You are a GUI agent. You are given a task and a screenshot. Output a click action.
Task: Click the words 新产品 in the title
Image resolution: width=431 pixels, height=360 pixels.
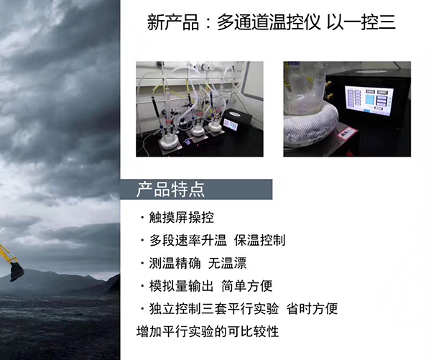pos(173,22)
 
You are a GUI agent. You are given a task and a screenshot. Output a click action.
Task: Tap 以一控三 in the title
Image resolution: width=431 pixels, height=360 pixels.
pos(361,22)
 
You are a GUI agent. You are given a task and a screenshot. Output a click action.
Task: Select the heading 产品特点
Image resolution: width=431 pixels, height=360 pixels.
pos(170,190)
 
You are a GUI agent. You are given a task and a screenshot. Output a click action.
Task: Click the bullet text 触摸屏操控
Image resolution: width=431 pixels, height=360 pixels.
pos(182,218)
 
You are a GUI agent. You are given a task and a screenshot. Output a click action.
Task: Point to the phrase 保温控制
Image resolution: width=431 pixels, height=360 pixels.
pos(260,241)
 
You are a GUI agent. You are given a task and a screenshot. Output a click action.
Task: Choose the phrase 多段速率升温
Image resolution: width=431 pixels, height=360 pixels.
pos(187,241)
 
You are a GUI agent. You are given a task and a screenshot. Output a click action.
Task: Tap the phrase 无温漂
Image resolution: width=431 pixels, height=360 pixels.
pos(227,263)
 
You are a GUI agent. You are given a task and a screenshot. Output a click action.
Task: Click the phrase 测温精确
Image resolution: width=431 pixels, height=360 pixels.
pos(175,263)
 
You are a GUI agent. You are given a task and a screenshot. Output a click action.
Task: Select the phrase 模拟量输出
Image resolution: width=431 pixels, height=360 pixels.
pos(182,286)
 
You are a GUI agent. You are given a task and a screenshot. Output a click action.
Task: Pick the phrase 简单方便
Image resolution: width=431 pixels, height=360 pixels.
pos(247,286)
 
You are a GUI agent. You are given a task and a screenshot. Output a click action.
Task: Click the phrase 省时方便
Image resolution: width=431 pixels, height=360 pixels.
pos(312,309)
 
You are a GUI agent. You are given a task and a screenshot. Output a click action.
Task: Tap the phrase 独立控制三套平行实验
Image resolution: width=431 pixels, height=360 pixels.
pos(214,309)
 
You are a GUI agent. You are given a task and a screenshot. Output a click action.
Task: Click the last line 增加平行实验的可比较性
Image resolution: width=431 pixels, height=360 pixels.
pos(208,331)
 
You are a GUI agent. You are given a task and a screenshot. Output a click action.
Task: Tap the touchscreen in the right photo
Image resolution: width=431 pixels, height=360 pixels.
pos(369,99)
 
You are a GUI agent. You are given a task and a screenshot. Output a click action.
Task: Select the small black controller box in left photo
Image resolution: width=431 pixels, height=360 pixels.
pos(237,121)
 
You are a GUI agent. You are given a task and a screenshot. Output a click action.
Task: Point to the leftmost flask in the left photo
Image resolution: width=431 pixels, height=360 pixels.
pos(167,137)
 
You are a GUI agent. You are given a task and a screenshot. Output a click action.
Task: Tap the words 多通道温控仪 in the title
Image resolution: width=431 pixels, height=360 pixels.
pos(269,22)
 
